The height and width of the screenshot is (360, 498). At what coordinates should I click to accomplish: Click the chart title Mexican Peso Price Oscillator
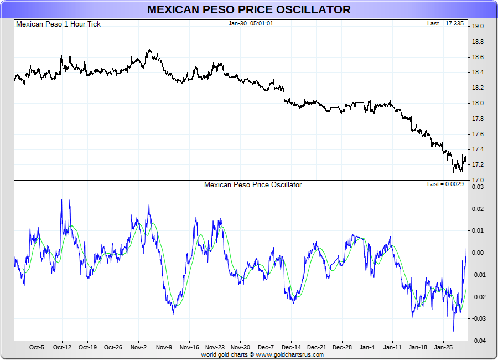(x=248, y=9)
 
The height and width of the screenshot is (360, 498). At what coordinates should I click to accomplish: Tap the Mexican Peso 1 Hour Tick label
(x=59, y=24)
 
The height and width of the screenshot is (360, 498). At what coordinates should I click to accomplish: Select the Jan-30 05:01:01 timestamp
(x=251, y=24)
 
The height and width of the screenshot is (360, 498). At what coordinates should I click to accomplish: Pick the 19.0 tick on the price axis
(x=478, y=26)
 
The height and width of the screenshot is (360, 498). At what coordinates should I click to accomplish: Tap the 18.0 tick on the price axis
(x=478, y=103)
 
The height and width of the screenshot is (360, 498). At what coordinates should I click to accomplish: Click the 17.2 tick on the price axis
(x=478, y=165)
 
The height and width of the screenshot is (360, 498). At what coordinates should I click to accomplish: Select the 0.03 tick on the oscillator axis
(x=478, y=187)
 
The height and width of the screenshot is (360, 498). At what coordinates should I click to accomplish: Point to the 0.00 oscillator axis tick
(x=478, y=253)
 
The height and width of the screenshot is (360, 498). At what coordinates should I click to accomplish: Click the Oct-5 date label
(x=37, y=348)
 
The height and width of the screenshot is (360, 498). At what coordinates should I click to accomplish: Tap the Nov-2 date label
(x=138, y=348)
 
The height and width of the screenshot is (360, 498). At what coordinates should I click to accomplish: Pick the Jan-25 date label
(x=444, y=348)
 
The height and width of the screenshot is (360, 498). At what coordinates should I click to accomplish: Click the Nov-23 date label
(x=215, y=348)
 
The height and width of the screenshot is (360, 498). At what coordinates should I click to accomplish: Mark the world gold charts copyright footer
(x=262, y=354)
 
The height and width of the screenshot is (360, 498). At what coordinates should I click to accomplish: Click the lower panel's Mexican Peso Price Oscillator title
(x=253, y=185)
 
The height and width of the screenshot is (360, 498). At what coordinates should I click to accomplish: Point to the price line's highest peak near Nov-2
(x=149, y=45)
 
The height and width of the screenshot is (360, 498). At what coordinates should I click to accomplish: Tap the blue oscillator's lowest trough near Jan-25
(x=454, y=331)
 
